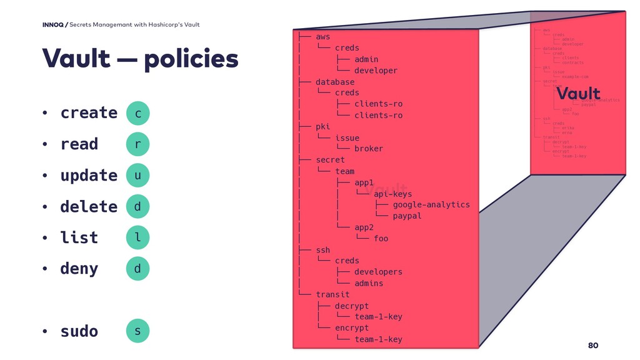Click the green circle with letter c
(137, 113)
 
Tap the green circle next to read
(137, 144)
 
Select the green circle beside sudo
(137, 331)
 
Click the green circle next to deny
(137, 269)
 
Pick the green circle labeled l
(137, 237)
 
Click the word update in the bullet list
(89, 176)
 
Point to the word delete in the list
(89, 206)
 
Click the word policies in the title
(191, 60)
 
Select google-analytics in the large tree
(431, 204)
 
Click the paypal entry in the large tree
(407, 216)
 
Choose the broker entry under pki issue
(369, 149)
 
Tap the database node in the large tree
(335, 82)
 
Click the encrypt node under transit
(352, 327)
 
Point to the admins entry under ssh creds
(369, 283)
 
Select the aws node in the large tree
(323, 37)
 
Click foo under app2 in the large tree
(381, 238)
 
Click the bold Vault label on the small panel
(578, 94)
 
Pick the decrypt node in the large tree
(352, 306)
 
